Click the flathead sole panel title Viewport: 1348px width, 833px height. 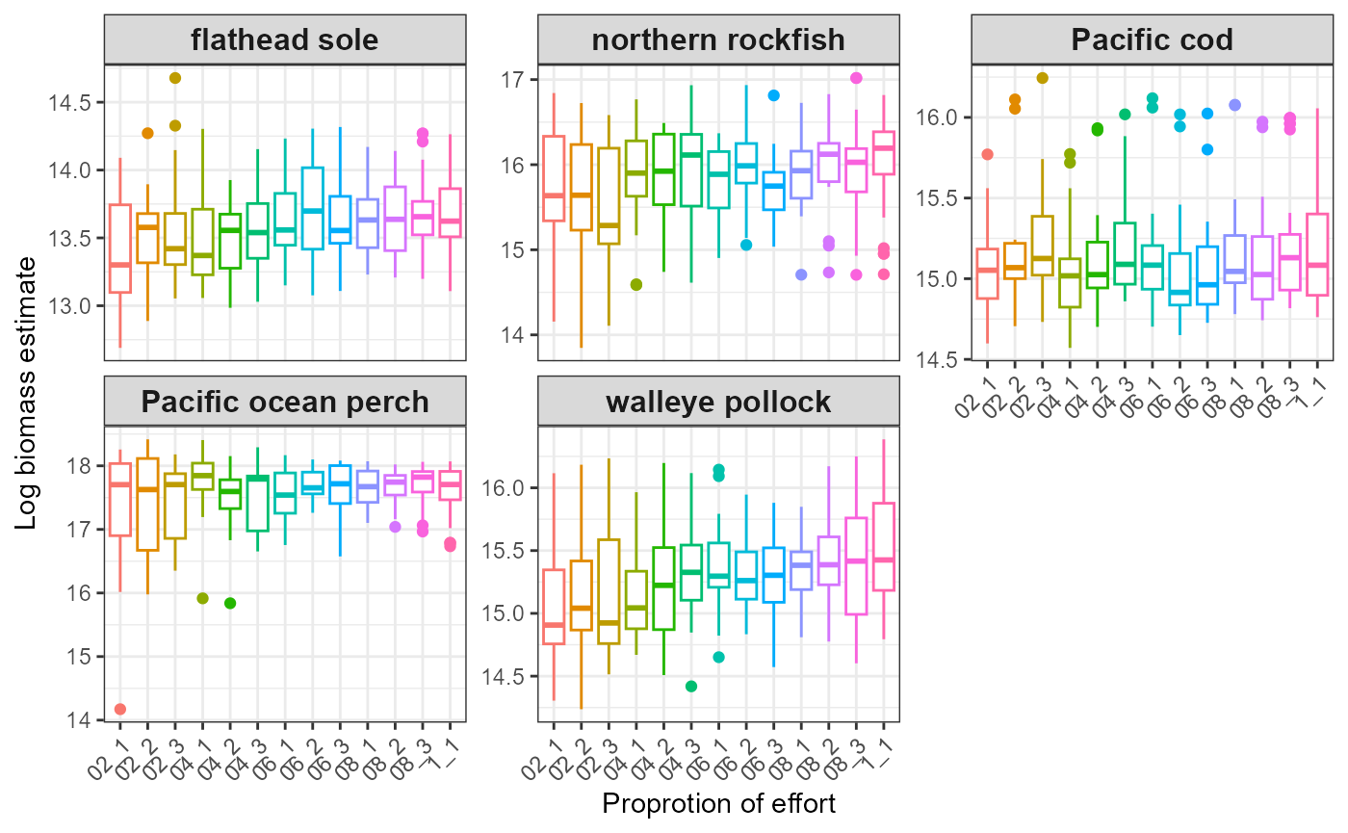click(285, 39)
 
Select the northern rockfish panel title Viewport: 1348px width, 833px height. click(718, 39)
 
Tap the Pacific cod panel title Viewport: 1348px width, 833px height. click(1152, 39)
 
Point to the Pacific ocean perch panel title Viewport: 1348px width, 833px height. click(285, 402)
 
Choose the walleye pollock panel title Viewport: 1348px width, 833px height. click(718, 402)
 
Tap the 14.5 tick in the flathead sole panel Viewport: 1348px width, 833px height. click(76, 102)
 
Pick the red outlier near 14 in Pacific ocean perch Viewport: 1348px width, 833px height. click(120, 709)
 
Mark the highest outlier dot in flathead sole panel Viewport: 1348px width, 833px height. click(175, 78)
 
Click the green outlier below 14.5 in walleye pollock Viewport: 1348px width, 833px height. click(691, 686)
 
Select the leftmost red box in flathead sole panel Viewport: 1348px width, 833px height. click(120, 248)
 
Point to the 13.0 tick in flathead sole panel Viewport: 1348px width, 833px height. click(76, 306)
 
